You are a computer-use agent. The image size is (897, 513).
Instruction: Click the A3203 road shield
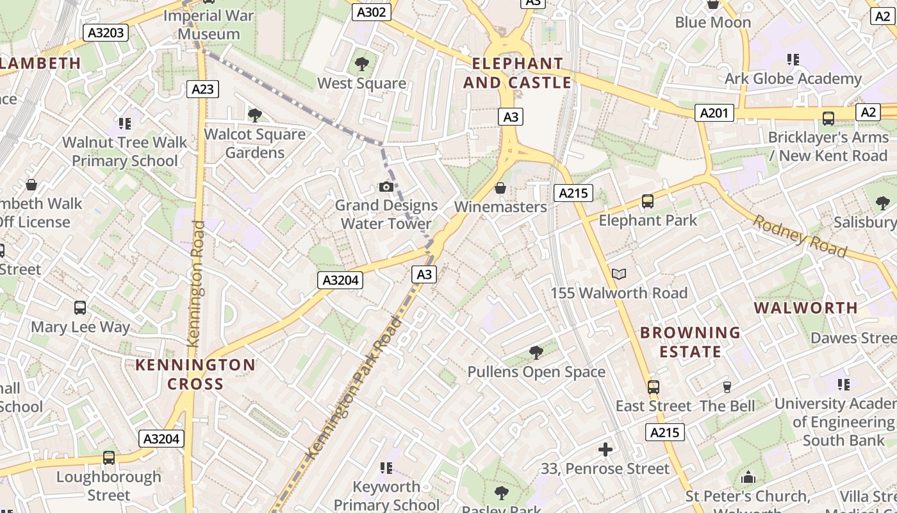[104, 33]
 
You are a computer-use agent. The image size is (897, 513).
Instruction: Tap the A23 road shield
[202, 89]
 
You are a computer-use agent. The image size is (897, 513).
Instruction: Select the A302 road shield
[372, 12]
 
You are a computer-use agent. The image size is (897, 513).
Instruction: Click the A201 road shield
[714, 114]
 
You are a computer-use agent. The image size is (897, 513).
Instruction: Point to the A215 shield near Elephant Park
[573, 193]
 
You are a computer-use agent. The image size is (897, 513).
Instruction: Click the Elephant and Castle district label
[517, 73]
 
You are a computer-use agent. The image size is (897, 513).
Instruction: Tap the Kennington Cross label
[195, 374]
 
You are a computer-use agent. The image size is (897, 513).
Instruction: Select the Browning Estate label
[690, 342]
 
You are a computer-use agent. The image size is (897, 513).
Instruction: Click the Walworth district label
[805, 308]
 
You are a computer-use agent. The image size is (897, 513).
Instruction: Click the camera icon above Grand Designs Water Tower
[386, 187]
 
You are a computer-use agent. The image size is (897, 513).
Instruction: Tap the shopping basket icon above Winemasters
[500, 188]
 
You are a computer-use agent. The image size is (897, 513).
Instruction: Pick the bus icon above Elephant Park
[647, 201]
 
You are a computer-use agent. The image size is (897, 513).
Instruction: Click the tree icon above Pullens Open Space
[536, 352]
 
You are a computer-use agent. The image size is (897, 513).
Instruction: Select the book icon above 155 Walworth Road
[618, 274]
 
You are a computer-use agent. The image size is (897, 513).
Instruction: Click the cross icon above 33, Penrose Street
[605, 450]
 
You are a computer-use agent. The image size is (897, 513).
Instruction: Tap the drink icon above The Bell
[727, 387]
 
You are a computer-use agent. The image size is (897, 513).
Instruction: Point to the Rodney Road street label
[799, 236]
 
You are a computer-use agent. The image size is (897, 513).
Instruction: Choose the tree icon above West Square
[361, 63]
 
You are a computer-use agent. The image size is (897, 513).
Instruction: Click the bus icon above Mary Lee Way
[80, 307]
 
